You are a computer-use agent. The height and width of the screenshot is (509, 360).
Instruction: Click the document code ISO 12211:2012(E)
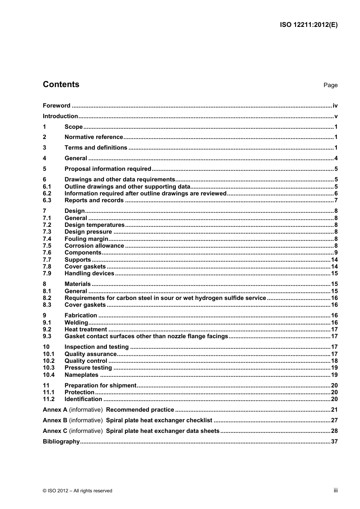tap(308, 25)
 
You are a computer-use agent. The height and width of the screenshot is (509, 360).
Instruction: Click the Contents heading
tap(61, 84)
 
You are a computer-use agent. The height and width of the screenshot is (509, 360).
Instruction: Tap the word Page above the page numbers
tap(330, 85)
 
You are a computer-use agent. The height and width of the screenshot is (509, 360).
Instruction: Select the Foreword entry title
tap(56, 106)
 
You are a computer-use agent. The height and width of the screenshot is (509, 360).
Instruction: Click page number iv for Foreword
tap(335, 106)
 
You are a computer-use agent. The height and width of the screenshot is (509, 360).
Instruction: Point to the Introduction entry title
tap(60, 116)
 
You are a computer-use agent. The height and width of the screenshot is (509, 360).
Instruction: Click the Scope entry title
tap(74, 127)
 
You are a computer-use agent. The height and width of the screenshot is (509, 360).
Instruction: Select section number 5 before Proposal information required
tap(45, 169)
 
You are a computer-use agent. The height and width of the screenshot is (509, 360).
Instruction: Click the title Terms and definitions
tap(96, 148)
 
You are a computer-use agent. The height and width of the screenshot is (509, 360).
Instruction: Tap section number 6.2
tap(47, 194)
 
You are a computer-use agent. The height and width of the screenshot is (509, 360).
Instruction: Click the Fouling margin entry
tap(86, 239)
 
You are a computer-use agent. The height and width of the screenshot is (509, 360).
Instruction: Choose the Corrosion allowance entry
tap(94, 246)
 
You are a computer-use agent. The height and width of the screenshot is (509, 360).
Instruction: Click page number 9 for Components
tap(336, 253)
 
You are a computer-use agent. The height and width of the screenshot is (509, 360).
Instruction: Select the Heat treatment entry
tap(86, 329)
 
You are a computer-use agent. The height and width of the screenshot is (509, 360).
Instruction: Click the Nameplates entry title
tap(81, 375)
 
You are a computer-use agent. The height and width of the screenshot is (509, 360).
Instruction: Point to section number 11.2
tap(49, 399)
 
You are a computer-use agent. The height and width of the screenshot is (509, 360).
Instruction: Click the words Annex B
tap(55, 420)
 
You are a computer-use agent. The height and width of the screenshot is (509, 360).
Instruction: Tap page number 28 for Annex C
tap(334, 431)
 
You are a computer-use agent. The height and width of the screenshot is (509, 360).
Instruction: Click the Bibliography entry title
tap(61, 442)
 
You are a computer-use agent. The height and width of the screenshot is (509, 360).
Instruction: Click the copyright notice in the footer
tap(77, 491)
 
